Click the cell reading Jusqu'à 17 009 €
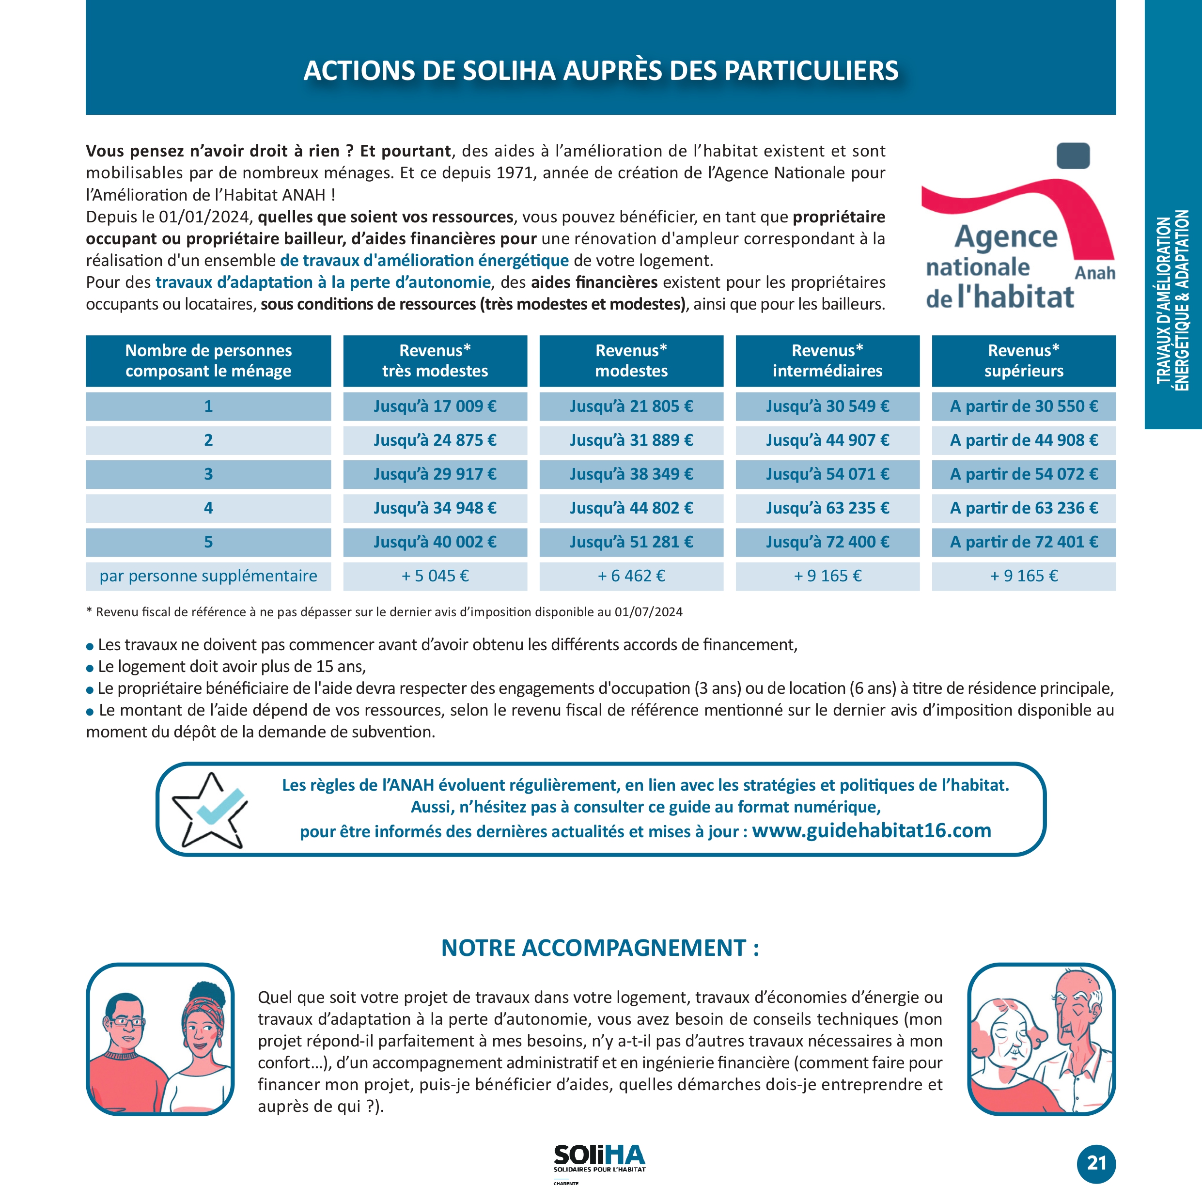[435, 406]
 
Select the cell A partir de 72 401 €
[1023, 542]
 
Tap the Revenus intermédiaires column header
[827, 361]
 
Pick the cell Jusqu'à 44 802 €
[631, 508]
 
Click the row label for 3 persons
[208, 474]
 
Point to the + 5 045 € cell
[435, 576]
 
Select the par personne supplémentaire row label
[208, 576]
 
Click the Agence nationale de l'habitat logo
[1018, 230]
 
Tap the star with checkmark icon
[210, 810]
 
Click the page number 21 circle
[1096, 1163]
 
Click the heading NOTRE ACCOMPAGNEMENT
[600, 948]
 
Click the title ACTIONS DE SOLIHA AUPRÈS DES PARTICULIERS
[600, 70]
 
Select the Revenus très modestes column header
[435, 361]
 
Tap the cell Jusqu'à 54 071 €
[827, 474]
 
